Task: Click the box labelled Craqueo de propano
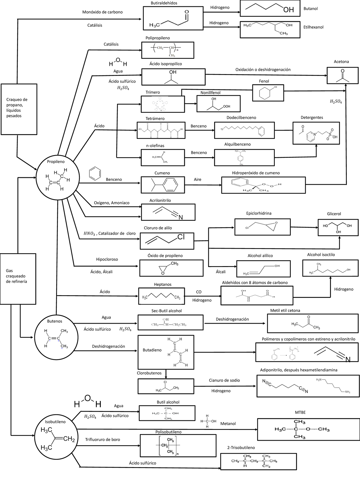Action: coord(19,109)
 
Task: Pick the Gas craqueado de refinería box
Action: coord(18,279)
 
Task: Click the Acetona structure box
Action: coord(343,75)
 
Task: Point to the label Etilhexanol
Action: coord(313,27)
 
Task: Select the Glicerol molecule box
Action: coord(338,227)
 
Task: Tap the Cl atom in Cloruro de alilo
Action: coord(181,237)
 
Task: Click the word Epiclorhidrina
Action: coord(259,213)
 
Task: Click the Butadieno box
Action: coord(166,352)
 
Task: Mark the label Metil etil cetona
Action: coord(285,310)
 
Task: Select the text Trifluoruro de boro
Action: coord(103,439)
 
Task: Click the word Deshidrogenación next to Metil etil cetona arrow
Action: coord(232,319)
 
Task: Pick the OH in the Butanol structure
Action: coord(288,10)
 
